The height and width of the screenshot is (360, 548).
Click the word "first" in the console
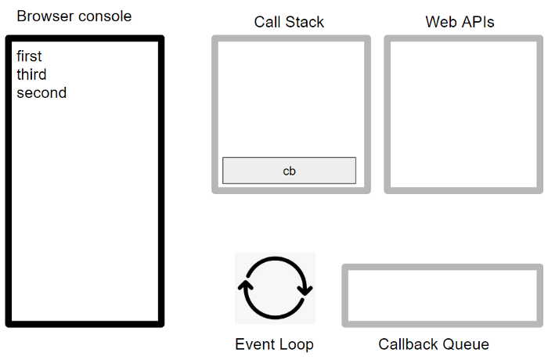point(29,56)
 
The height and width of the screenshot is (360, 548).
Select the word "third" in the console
point(31,74)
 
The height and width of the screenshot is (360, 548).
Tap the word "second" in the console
point(41,92)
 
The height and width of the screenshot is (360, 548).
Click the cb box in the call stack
point(289,171)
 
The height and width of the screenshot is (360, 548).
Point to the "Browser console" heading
point(74,16)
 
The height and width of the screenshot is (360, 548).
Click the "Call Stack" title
point(289,22)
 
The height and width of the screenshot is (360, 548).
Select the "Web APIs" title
point(460,22)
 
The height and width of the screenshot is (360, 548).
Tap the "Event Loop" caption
point(274,344)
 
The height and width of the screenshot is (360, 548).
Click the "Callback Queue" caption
point(434,344)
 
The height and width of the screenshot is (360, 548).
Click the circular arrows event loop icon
point(275,288)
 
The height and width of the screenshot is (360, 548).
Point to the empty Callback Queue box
point(442,295)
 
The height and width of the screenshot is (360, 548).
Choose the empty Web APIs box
point(464,114)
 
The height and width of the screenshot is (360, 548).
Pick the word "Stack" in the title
point(305,22)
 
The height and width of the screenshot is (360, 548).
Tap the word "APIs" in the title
point(478,22)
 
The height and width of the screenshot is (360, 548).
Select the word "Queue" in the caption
point(467,344)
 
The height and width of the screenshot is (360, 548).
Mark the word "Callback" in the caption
point(409,344)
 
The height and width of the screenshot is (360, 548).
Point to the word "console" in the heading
point(105,16)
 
